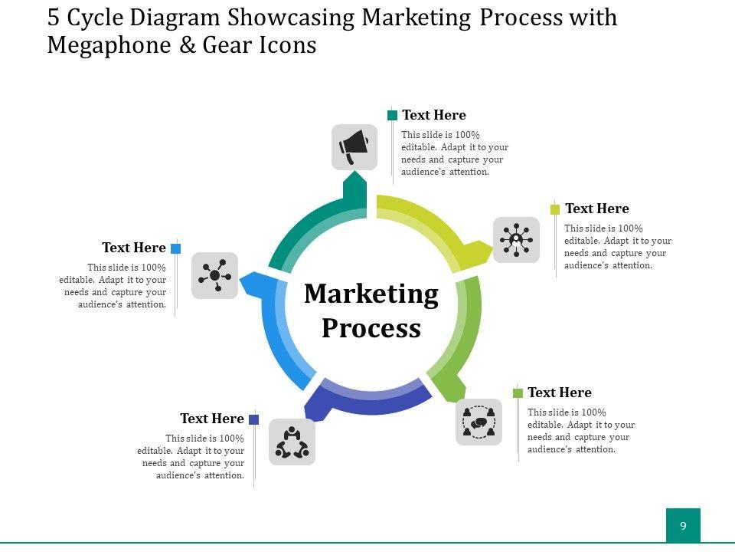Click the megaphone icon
click(x=354, y=146)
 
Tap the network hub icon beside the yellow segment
click(x=516, y=240)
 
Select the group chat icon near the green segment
click(x=479, y=422)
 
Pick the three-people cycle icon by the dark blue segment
click(x=292, y=442)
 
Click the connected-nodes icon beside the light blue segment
click(x=214, y=275)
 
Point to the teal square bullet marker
click(x=393, y=116)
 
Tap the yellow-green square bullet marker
click(x=555, y=209)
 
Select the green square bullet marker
click(x=518, y=393)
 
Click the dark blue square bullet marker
click(x=254, y=419)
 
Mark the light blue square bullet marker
click(x=176, y=248)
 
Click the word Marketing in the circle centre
click(x=371, y=294)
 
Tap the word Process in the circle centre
click(x=371, y=328)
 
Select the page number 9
click(x=683, y=526)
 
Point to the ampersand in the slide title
click(x=187, y=45)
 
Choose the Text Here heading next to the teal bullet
click(x=434, y=116)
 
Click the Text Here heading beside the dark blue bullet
click(x=212, y=419)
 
